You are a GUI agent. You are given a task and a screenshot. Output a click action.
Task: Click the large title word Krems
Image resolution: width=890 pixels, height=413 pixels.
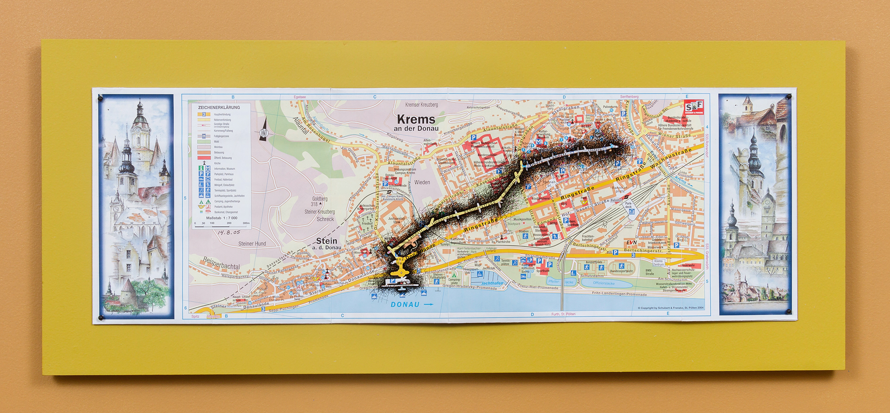tap(416, 119)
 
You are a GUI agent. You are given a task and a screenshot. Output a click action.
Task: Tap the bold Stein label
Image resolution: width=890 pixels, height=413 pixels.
tap(326, 241)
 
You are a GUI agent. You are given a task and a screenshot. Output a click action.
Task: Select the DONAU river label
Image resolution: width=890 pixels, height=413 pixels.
tap(405, 305)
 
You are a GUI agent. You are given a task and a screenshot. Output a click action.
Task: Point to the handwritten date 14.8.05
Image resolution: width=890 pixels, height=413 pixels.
tap(229, 232)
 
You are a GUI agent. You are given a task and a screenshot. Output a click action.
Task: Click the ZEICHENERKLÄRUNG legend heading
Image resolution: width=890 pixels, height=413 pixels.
tap(219, 107)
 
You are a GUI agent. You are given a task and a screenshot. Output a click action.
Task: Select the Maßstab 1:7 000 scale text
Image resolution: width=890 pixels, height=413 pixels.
tap(222, 218)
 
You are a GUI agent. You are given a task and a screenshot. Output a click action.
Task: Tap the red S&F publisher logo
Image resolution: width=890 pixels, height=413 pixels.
tap(694, 107)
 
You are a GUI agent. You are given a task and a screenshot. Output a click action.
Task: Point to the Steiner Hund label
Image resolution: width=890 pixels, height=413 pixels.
tap(252, 244)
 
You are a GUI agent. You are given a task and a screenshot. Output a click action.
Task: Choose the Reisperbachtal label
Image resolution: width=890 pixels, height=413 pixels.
tap(221, 264)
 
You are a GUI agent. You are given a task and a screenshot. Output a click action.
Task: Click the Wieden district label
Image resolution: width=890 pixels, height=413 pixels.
tap(422, 182)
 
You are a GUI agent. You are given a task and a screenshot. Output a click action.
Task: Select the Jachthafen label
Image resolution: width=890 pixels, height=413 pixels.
tap(492, 283)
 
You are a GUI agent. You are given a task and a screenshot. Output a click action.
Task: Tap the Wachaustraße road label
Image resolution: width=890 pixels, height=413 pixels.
tap(671, 159)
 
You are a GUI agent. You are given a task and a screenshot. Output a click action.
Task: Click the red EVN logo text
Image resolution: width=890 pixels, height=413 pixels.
tap(631, 243)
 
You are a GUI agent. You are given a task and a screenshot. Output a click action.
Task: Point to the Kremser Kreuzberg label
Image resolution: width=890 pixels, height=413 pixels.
tap(421, 105)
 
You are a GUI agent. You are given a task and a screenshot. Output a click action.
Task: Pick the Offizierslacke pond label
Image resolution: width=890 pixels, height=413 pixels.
tap(604, 283)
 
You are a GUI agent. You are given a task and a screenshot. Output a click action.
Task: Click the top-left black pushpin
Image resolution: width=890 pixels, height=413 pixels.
tap(100, 98)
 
